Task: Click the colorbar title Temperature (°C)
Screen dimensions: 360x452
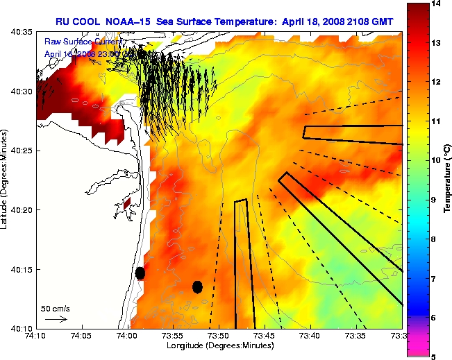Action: (x=447, y=180)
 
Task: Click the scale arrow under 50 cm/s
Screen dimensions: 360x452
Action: (x=56, y=319)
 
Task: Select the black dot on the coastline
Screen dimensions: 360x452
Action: (x=140, y=273)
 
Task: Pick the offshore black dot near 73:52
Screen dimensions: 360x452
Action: (x=198, y=286)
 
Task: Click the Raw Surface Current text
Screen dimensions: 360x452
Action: (x=78, y=42)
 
